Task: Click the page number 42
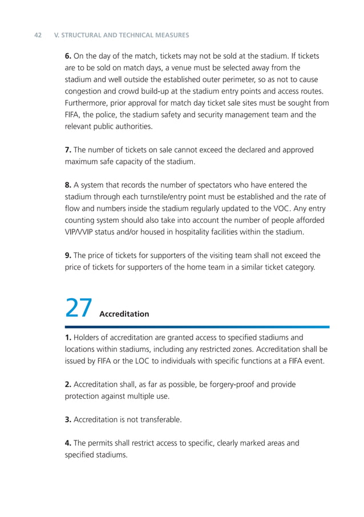(x=38, y=35)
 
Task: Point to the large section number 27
(x=78, y=308)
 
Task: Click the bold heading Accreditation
(x=124, y=314)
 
